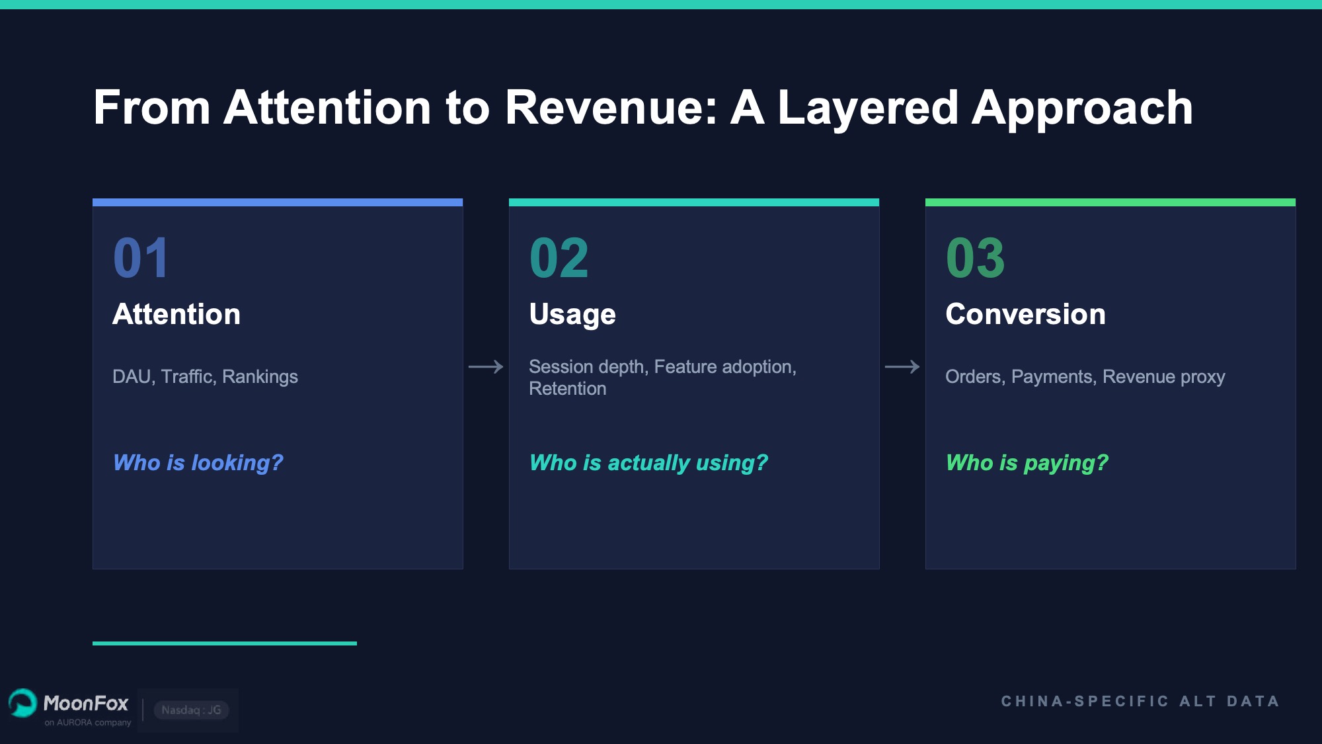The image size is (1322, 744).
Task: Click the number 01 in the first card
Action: click(141, 258)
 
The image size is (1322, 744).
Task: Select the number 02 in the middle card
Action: click(559, 258)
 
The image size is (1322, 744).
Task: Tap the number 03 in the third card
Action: click(975, 258)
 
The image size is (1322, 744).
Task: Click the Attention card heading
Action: click(176, 314)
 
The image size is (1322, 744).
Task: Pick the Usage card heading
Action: click(572, 314)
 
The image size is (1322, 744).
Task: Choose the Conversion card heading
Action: click(1025, 314)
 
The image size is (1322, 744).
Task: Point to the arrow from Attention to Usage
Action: click(486, 366)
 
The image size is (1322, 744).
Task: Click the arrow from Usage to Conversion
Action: click(902, 366)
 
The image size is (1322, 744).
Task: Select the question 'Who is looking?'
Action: click(198, 462)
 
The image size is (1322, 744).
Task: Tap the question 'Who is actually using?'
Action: click(648, 462)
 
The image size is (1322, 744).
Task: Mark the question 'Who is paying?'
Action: click(1027, 462)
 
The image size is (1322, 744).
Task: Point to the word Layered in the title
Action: click(867, 107)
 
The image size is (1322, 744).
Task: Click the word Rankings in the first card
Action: click(260, 376)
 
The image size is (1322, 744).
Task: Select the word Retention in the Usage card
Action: click(567, 389)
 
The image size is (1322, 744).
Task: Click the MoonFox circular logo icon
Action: click(22, 703)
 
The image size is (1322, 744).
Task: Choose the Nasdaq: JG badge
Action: click(191, 710)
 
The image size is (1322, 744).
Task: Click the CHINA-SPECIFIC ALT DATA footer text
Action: click(1140, 701)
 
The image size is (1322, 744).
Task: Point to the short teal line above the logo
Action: click(225, 643)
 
